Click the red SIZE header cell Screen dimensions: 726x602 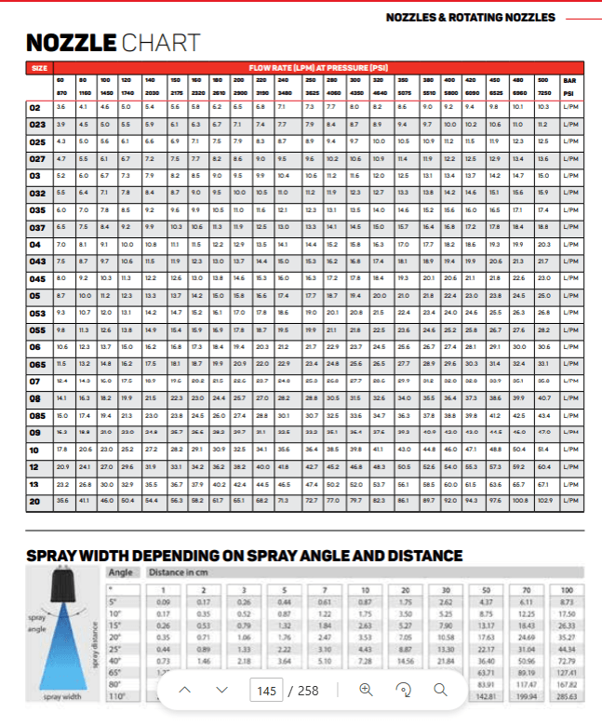pos(39,68)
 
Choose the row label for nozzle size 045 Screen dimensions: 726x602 pos(37,278)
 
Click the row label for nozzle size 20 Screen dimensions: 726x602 pos(35,500)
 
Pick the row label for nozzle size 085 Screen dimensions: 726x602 pos(37,414)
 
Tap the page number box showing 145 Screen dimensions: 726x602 pos(266,691)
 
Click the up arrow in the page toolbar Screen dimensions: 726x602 pos(184,690)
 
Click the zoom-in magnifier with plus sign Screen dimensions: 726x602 pos(366,690)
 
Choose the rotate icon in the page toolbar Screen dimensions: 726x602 pos(403,690)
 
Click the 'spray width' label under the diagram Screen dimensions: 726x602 pos(62,696)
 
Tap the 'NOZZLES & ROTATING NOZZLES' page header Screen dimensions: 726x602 pos(470,18)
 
